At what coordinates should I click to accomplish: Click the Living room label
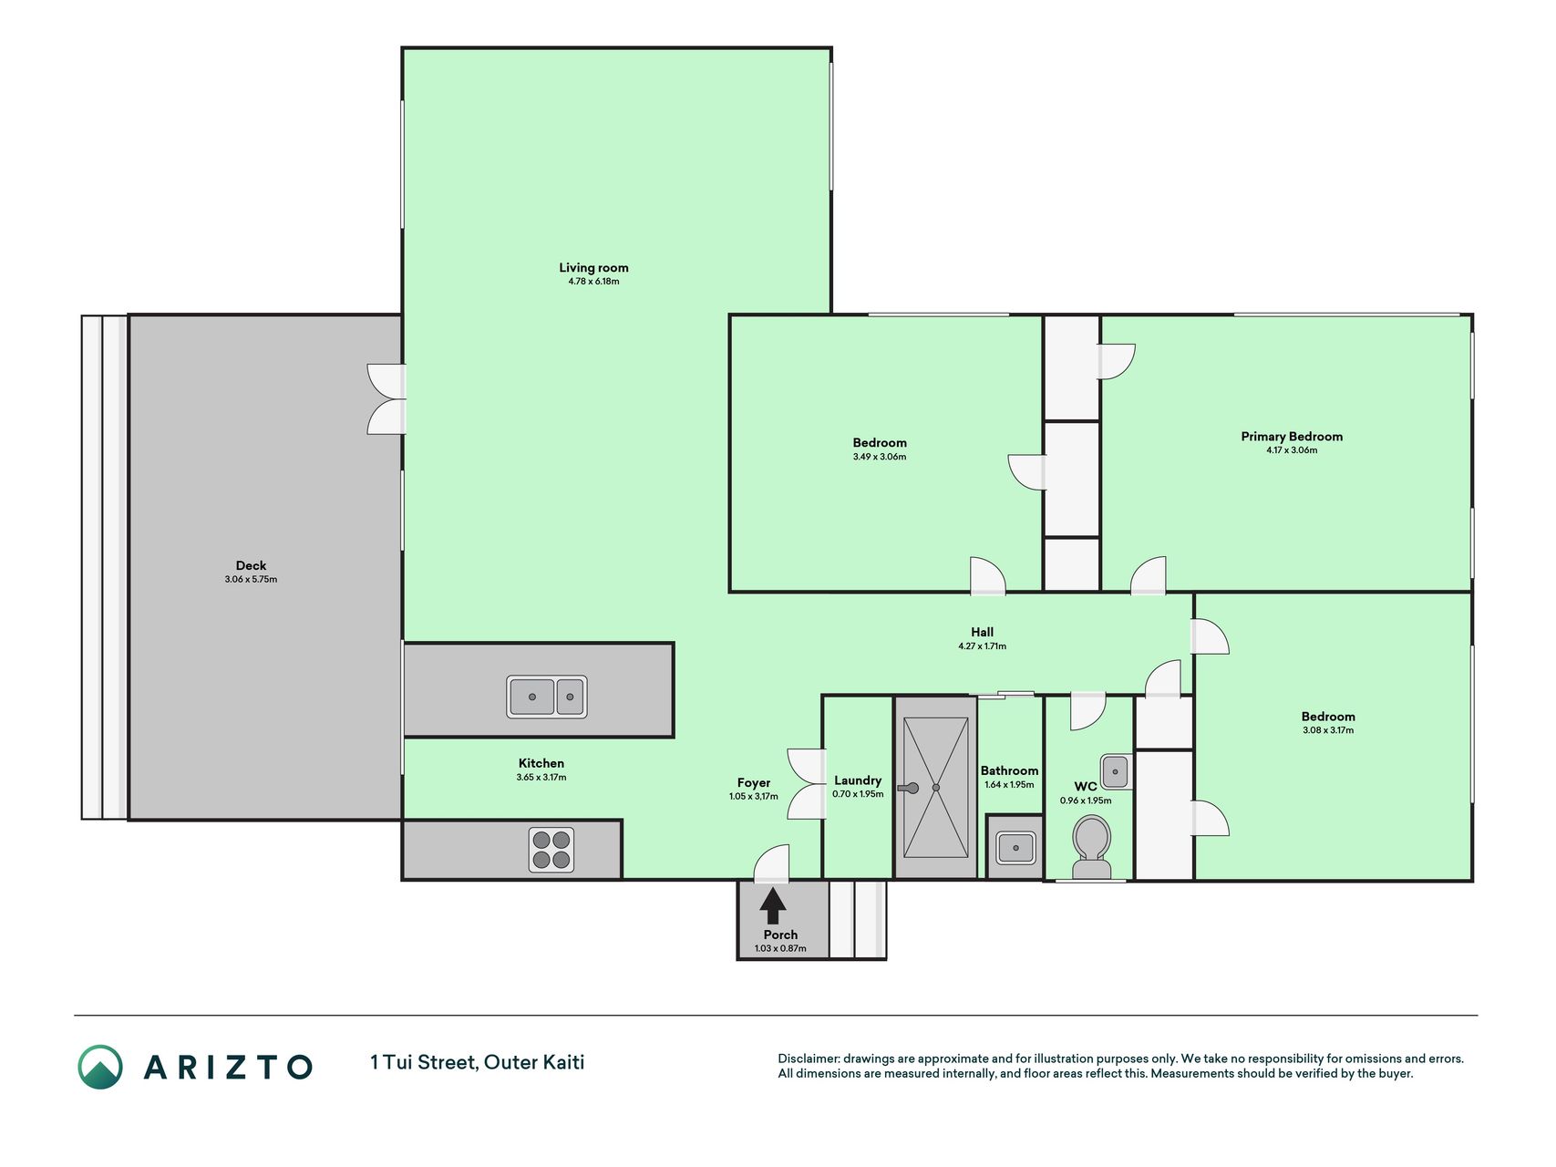coord(593,267)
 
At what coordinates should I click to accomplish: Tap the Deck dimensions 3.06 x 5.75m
coord(251,580)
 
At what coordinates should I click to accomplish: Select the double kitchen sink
coord(547,697)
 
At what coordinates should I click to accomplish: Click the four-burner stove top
coord(551,850)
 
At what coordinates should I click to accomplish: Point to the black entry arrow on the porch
coord(773,905)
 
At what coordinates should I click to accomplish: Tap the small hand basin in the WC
coord(1115,771)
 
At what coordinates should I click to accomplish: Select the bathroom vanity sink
coord(1015,848)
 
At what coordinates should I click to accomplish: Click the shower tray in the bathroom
coord(936,788)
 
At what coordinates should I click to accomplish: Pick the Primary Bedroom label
coord(1292,437)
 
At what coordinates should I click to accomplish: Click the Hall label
coord(982,632)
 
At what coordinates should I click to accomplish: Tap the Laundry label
coord(858,780)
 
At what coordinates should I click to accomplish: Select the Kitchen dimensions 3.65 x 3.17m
coord(541,778)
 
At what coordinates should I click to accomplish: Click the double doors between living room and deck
coord(387,399)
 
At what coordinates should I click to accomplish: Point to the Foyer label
coord(754,783)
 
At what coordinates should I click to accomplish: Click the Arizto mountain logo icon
coord(100,1067)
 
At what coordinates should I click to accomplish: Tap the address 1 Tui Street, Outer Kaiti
coord(478,1062)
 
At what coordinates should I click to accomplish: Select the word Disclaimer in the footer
coord(808,1059)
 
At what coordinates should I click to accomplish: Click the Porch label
coord(780,935)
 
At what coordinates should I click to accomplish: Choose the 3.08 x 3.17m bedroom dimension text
coord(1328,730)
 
